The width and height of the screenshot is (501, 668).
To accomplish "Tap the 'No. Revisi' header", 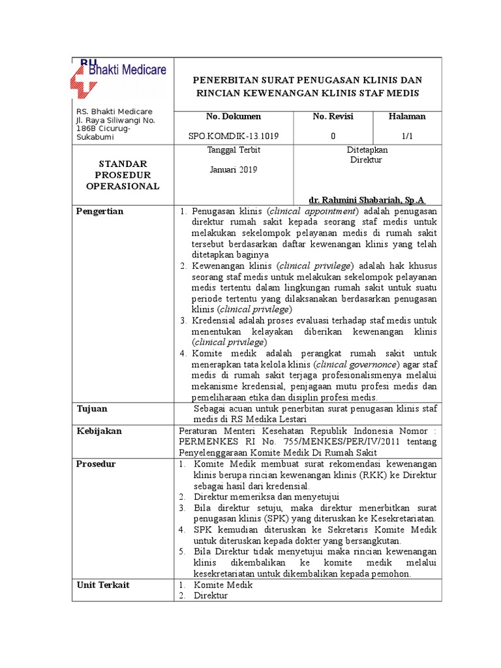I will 333,117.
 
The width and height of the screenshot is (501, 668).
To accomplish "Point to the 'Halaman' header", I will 406,117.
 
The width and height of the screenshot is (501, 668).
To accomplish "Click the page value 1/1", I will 406,137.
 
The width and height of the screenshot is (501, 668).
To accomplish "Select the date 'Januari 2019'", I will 233,170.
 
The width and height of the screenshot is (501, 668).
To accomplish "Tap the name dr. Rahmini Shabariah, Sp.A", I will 367,200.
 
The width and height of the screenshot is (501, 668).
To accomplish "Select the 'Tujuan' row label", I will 92,408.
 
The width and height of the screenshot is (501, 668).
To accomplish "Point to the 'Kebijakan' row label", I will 99,431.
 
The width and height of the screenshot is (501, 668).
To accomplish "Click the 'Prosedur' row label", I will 97,464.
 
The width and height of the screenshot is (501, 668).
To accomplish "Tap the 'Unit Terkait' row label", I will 102,584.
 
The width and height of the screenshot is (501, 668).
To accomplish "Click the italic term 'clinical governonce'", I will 356,365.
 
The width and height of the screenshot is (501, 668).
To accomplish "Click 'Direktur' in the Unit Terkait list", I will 210,596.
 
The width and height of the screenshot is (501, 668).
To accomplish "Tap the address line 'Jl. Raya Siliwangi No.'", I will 115,121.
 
